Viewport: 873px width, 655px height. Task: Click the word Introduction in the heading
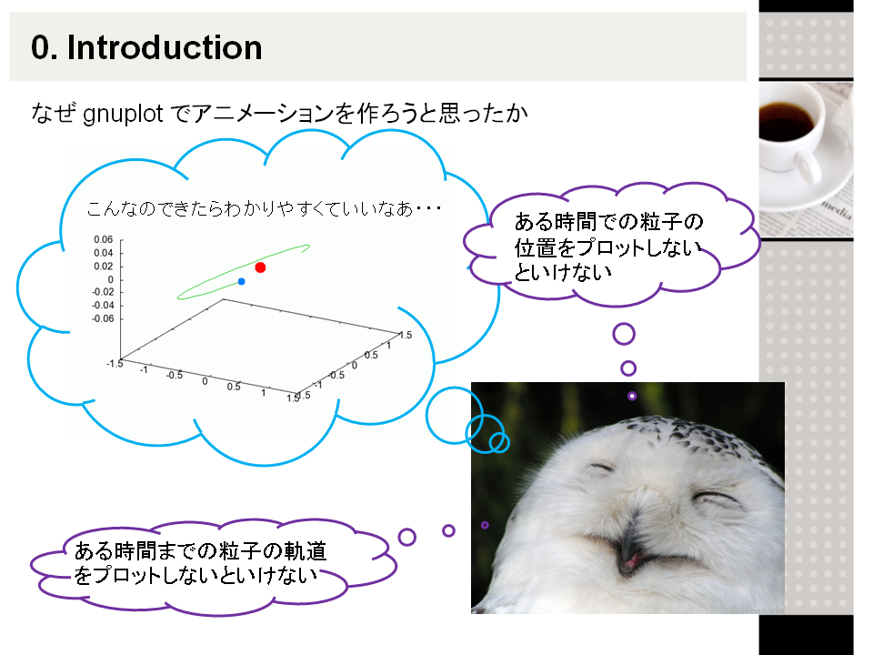[x=165, y=47]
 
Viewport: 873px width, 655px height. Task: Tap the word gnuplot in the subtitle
[x=123, y=115]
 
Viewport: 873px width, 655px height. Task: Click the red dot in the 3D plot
[x=260, y=267]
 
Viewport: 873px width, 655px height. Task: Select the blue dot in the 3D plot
[x=241, y=281]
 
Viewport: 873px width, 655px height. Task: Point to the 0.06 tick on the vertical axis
[x=104, y=239]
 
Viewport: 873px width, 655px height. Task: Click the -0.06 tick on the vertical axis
[x=103, y=318]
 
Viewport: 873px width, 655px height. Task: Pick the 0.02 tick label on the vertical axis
[x=104, y=267]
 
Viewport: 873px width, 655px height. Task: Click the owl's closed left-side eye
[x=602, y=469]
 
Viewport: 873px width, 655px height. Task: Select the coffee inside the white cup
[x=784, y=121]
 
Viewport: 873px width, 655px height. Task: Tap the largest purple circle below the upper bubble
[x=624, y=334]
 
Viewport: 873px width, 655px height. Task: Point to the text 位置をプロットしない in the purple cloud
[x=607, y=247]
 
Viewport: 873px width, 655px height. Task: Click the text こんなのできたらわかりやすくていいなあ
[x=250, y=208]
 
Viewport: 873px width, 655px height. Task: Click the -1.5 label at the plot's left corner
[x=115, y=364]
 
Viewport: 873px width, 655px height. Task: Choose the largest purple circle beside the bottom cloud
[x=407, y=537]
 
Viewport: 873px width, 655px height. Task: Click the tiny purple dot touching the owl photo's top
[x=632, y=396]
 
